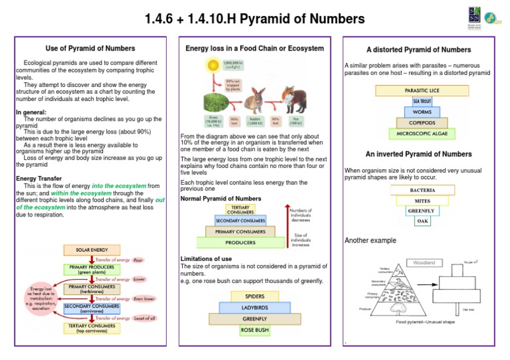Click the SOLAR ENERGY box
pos(92,250)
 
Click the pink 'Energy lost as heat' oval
pos(41,298)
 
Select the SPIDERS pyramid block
pos(255,296)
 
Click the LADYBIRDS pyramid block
pos(255,308)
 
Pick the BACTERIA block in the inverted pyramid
pos(423,190)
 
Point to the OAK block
pos(423,222)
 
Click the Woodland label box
pos(424,263)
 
